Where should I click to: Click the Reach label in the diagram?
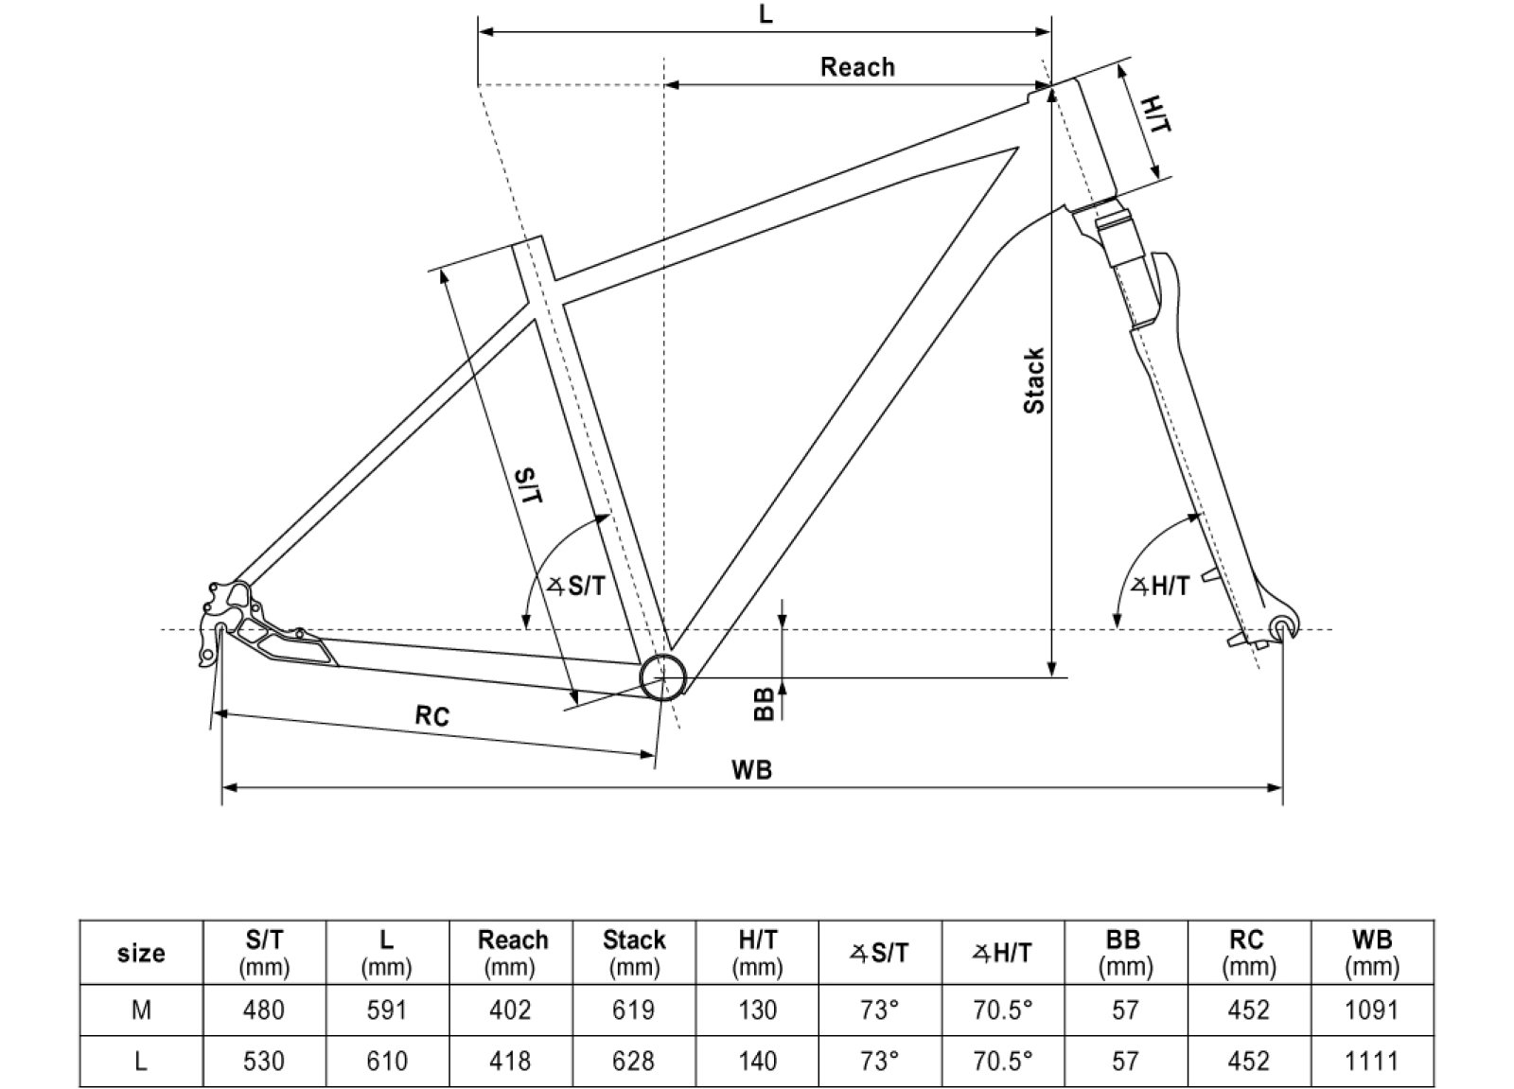(856, 67)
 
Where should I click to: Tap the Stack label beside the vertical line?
(1034, 380)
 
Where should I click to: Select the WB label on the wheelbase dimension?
(751, 770)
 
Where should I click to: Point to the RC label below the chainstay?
(432, 716)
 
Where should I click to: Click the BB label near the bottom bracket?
(765, 703)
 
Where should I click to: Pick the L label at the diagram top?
(766, 15)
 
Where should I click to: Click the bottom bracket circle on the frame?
(663, 676)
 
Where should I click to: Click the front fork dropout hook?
(1282, 626)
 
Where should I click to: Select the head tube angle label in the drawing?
(1160, 587)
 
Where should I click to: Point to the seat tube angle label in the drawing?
(577, 587)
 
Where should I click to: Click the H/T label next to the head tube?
(1155, 114)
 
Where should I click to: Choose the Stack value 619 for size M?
(633, 1010)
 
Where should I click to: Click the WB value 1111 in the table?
(1371, 1062)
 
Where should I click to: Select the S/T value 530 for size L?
(263, 1062)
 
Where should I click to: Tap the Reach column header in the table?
(512, 952)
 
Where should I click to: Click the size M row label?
(141, 1010)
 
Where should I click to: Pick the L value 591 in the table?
(386, 1010)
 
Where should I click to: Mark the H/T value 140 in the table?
(757, 1062)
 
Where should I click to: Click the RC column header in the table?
(1247, 952)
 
